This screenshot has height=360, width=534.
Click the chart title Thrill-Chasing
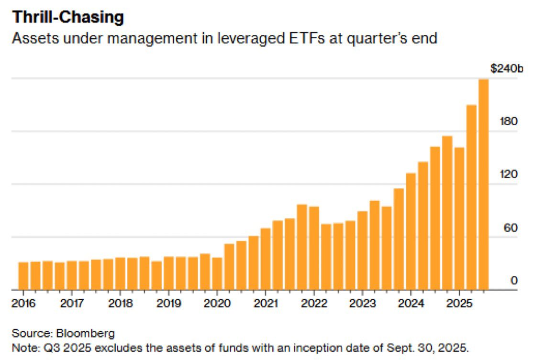click(68, 17)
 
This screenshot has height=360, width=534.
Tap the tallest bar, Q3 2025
click(483, 184)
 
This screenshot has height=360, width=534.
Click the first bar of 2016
click(23, 276)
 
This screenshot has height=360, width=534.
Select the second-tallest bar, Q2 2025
click(471, 197)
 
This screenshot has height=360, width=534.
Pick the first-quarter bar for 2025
click(459, 218)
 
